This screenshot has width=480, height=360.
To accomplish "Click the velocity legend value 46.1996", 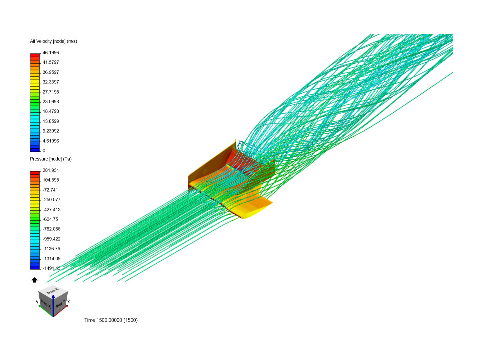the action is (x=51, y=53).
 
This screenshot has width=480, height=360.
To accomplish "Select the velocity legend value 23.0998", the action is (x=51, y=102).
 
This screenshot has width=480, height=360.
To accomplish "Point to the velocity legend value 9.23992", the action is (x=51, y=131).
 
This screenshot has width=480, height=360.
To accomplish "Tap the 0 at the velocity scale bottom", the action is (x=44, y=151).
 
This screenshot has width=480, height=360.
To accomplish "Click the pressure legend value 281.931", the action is (x=51, y=170).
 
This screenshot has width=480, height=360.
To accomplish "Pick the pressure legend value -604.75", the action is (x=50, y=219).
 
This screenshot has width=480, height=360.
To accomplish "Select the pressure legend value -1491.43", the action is (x=51, y=268).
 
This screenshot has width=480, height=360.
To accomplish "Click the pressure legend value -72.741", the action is (x=50, y=190).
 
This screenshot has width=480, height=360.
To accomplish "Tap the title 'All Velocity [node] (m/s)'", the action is (x=54, y=41).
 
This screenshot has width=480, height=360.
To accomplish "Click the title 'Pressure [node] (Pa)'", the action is (x=51, y=159).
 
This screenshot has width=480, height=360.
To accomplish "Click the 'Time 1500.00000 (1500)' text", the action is (x=111, y=320).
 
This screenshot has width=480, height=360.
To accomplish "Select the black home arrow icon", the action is (x=35, y=280).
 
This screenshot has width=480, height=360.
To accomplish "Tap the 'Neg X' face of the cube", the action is (x=46, y=304).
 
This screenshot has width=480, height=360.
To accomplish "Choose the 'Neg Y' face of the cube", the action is (x=61, y=304).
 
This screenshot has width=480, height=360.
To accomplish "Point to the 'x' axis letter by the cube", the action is (x=69, y=302).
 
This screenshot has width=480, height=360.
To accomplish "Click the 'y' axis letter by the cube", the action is (x=37, y=302).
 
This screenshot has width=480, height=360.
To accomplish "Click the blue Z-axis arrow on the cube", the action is (x=53, y=305).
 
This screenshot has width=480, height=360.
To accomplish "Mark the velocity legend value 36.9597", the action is (x=51, y=72).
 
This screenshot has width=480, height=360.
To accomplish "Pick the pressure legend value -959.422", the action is (x=51, y=239).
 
